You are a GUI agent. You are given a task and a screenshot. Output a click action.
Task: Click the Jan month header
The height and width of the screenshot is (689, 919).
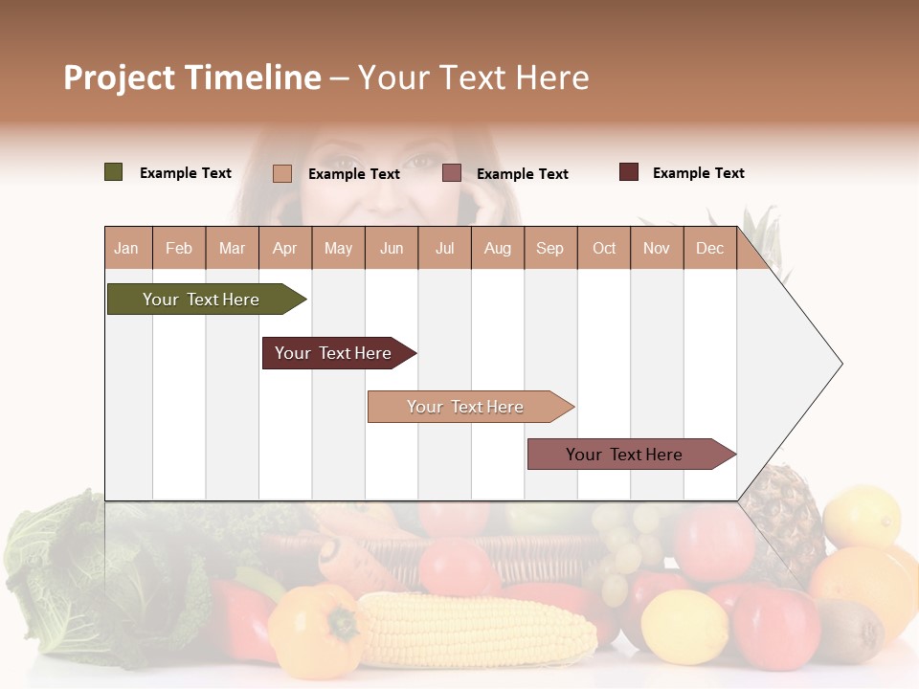point(126,248)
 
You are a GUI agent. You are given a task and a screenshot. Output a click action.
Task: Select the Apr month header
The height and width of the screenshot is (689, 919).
point(284,248)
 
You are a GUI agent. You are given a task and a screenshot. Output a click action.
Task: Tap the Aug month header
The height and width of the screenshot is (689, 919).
point(497,248)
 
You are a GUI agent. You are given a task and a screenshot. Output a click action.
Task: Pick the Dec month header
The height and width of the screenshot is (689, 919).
point(709,248)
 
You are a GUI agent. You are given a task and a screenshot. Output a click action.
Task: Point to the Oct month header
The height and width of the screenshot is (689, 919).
point(604,248)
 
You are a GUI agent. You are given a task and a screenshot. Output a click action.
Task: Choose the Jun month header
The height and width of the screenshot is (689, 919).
point(391,248)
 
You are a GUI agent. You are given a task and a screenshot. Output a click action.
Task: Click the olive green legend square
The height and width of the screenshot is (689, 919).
point(114,172)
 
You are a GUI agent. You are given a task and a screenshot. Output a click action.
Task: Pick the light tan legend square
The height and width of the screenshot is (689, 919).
point(282,173)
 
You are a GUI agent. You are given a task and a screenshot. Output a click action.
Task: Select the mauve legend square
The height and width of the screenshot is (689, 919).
point(452,173)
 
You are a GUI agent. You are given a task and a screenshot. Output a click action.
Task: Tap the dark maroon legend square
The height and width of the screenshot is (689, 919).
point(629,172)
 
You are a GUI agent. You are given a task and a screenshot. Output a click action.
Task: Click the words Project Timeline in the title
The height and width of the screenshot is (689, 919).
point(191,78)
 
